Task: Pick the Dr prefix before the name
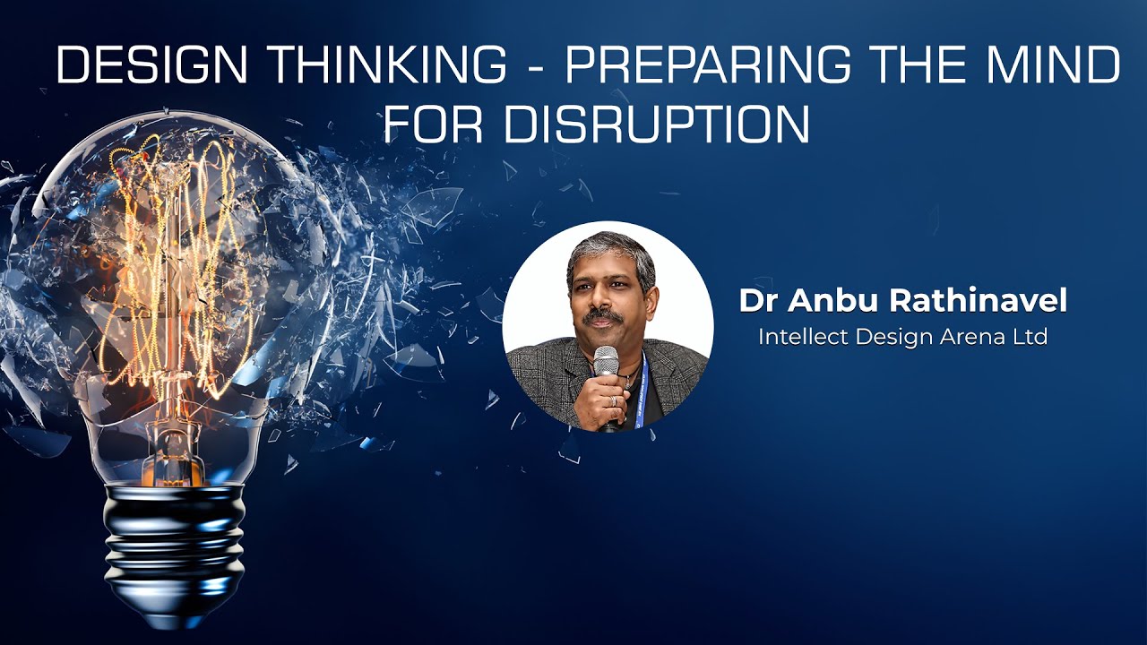tap(758, 301)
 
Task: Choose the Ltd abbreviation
tap(1029, 338)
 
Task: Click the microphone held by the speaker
tap(607, 363)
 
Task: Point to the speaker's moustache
tap(602, 317)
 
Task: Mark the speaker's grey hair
tap(609, 247)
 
